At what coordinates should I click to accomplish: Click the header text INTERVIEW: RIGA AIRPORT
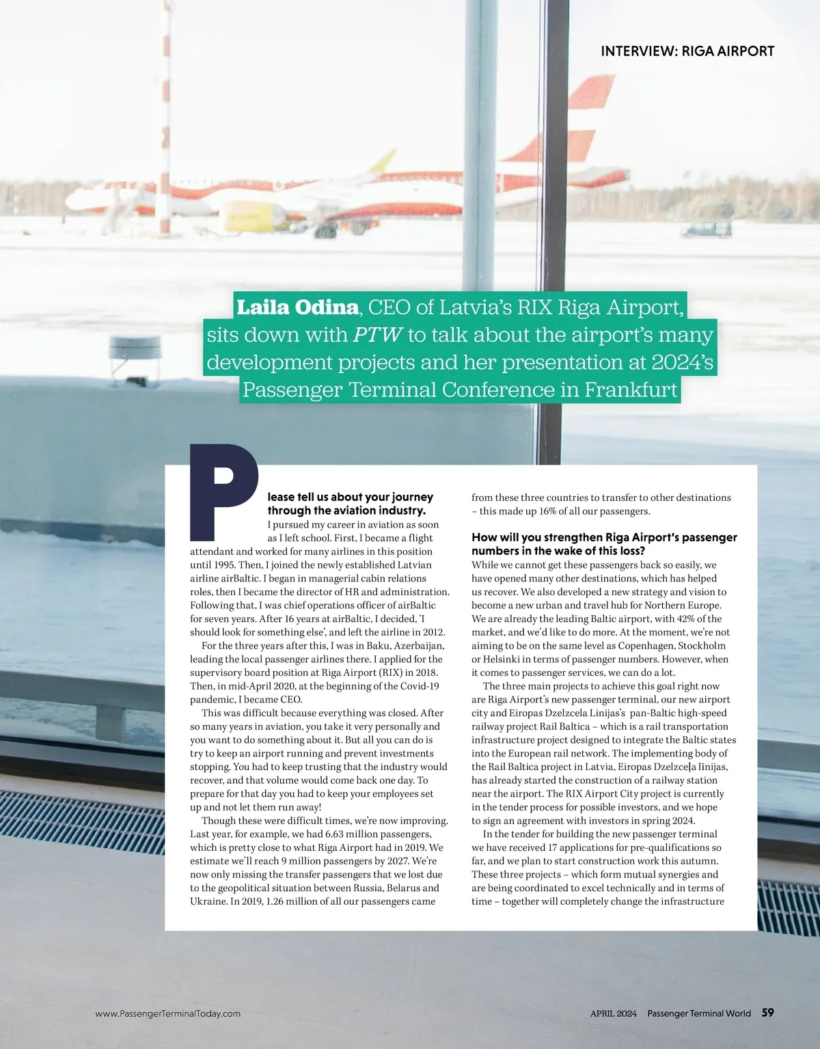[x=687, y=51]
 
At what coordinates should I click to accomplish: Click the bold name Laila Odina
[x=297, y=308]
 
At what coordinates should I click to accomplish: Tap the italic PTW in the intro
[x=378, y=335]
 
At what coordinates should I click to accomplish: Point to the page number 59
[x=767, y=1013]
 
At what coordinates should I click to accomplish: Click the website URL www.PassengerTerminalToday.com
[x=168, y=1013]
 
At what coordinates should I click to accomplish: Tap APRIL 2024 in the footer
[x=613, y=1013]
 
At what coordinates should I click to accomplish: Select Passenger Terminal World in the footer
[x=699, y=1013]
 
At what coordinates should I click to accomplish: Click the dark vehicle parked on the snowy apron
[x=706, y=229]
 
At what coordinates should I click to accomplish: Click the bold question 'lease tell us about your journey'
[x=350, y=497]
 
